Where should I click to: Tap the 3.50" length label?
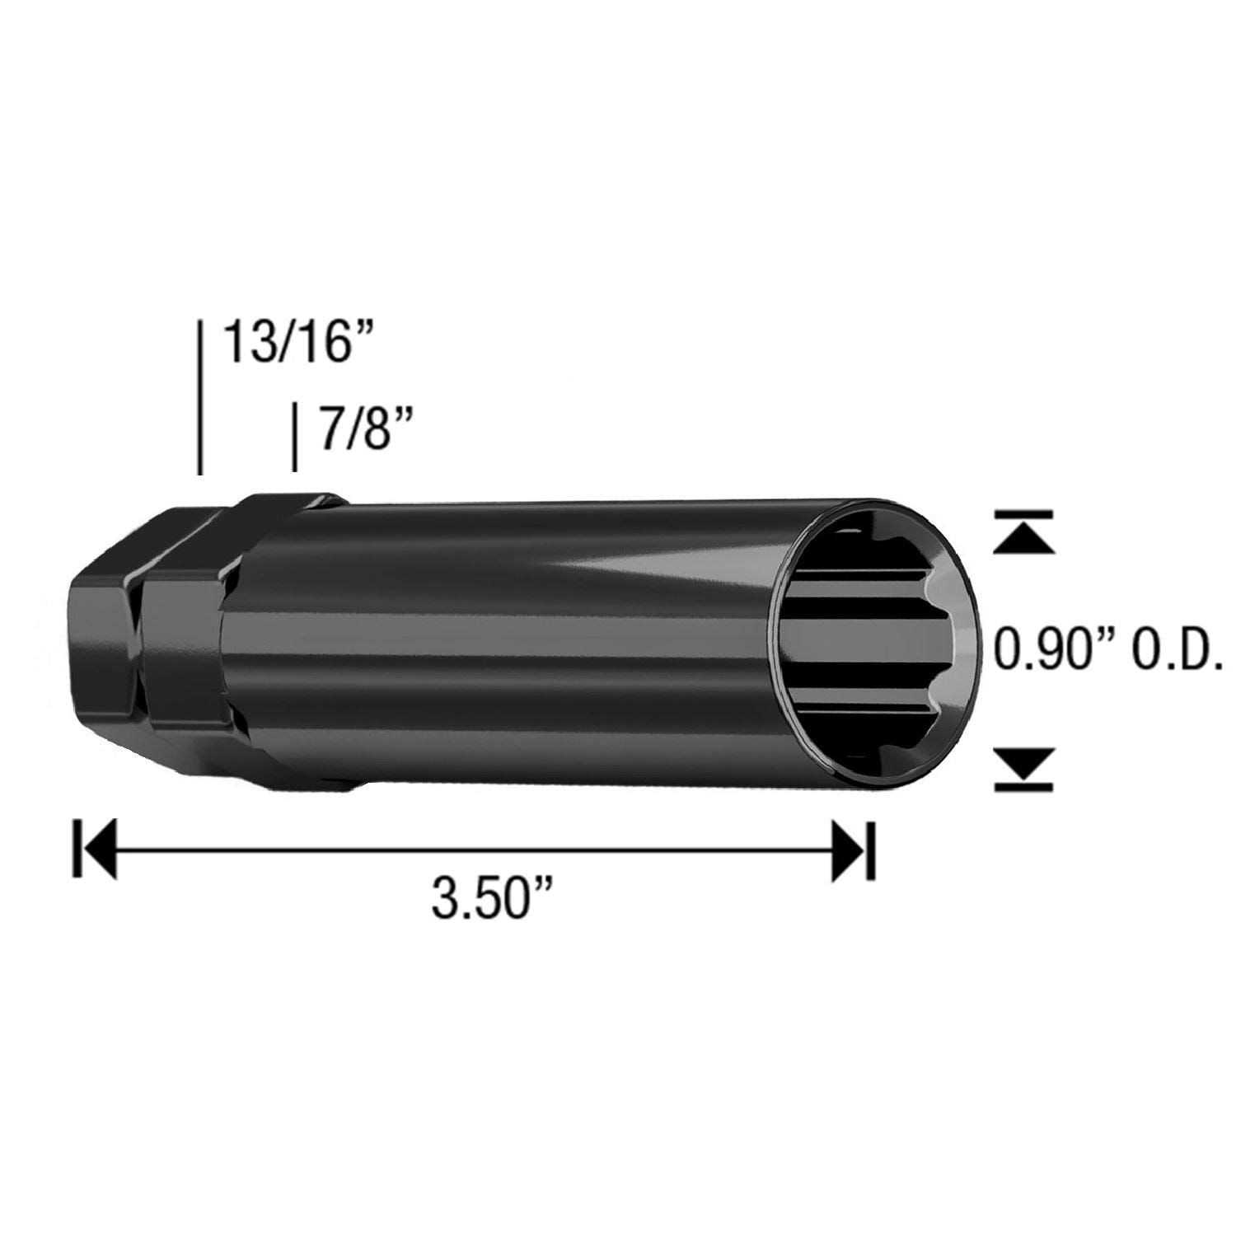click(x=491, y=897)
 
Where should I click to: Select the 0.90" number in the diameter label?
click(x=1051, y=648)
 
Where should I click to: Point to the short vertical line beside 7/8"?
click(x=294, y=437)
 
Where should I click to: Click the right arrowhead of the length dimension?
click(x=849, y=849)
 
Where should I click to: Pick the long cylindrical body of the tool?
click(x=511, y=643)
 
